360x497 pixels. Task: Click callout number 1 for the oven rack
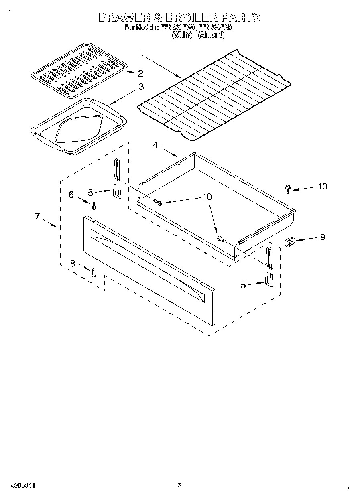(x=140, y=53)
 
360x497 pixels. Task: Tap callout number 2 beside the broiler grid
(x=140, y=73)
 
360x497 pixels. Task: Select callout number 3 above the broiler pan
(x=141, y=87)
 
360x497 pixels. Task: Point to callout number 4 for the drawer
(x=155, y=145)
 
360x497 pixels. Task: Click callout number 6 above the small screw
(x=71, y=195)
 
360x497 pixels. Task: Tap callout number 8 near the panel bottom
(x=72, y=264)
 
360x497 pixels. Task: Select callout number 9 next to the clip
(x=322, y=237)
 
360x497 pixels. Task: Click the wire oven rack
(x=214, y=95)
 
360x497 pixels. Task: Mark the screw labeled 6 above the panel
(x=94, y=206)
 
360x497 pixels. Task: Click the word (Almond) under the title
(x=212, y=35)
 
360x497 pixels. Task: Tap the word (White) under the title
(x=181, y=35)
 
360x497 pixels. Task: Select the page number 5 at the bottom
(x=179, y=485)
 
